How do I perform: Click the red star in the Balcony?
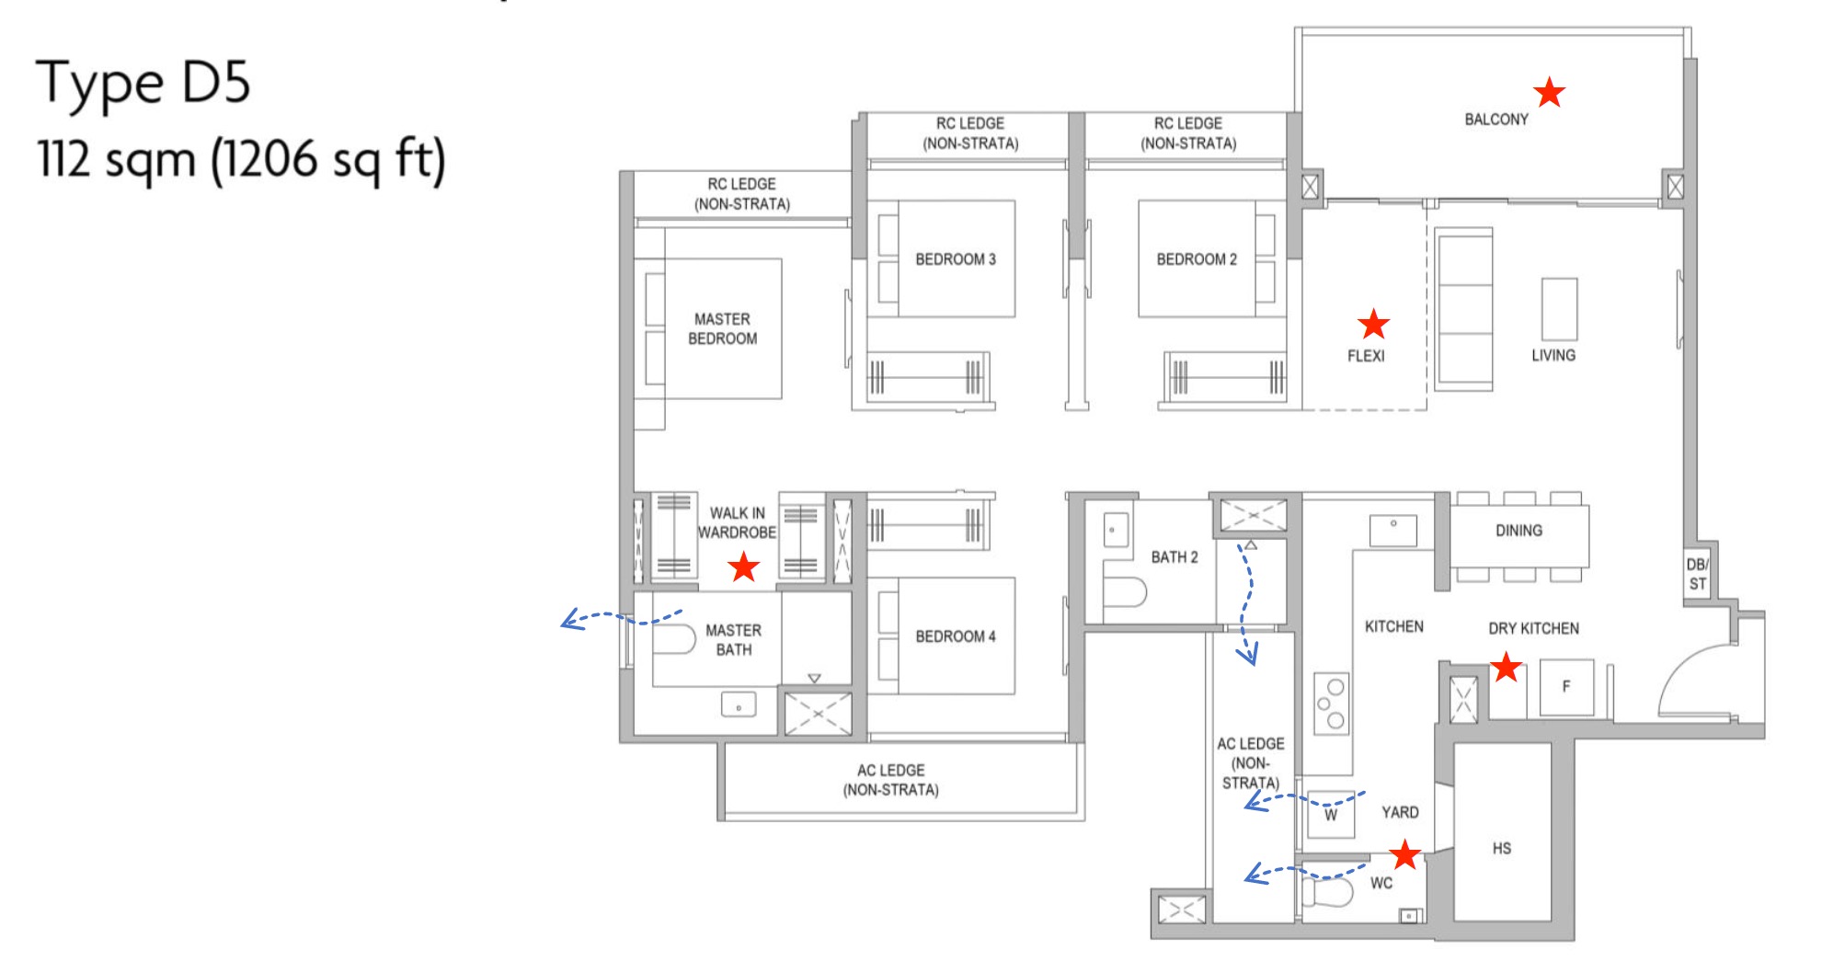pyautogui.click(x=1550, y=92)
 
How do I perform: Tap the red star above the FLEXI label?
pyautogui.click(x=1373, y=324)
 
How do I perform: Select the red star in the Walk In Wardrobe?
pyautogui.click(x=743, y=567)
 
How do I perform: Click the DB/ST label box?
pyautogui.click(x=1697, y=574)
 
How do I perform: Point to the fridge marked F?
pyautogui.click(x=1565, y=686)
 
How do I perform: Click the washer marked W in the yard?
pyautogui.click(x=1330, y=815)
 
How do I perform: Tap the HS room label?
pyautogui.click(x=1501, y=848)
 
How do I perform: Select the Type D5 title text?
pyautogui.click(x=143, y=83)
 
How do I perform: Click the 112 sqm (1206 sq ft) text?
pyautogui.click(x=241, y=159)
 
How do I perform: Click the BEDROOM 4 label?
pyautogui.click(x=955, y=636)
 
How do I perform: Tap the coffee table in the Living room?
pyautogui.click(x=1559, y=307)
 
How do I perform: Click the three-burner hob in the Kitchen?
pyautogui.click(x=1331, y=704)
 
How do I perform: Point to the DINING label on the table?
pyautogui.click(x=1518, y=531)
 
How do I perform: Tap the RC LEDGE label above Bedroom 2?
pyautogui.click(x=1187, y=133)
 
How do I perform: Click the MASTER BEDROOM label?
pyautogui.click(x=722, y=328)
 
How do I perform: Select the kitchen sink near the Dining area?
pyautogui.click(x=1392, y=530)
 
